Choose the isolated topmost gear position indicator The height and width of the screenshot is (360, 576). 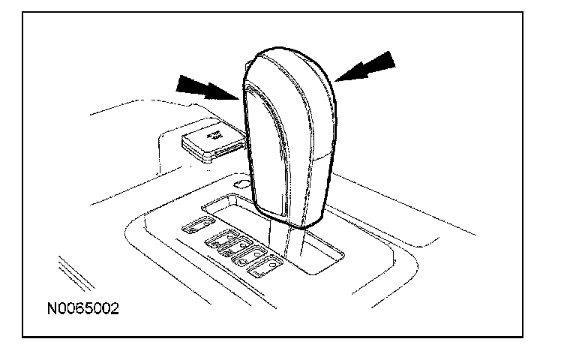[x=198, y=223]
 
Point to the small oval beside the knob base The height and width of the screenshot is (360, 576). [x=241, y=183]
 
